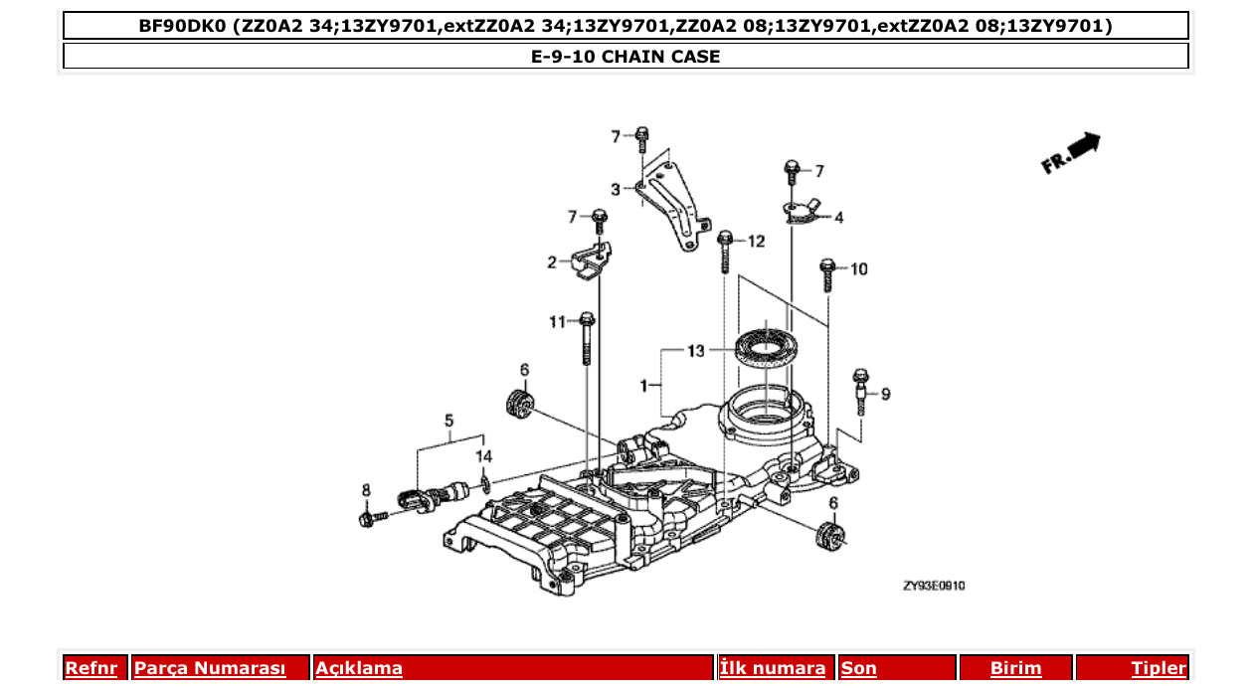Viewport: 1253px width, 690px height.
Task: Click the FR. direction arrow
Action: click(1071, 154)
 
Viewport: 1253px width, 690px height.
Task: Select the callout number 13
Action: click(695, 351)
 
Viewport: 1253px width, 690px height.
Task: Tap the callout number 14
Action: click(483, 456)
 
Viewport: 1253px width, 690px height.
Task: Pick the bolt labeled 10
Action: click(827, 274)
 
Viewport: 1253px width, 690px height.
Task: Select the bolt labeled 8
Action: click(374, 518)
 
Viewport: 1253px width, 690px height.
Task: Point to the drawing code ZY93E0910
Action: click(933, 586)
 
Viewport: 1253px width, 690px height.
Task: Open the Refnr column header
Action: click(90, 668)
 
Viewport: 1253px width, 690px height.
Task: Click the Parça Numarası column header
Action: click(210, 668)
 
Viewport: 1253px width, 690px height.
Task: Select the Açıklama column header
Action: click(359, 668)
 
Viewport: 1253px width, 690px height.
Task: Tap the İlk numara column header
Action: click(772, 668)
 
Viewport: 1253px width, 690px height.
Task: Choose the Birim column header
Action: click(1015, 668)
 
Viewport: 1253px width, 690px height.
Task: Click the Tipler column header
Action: click(1158, 668)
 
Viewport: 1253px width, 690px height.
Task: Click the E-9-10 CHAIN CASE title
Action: click(626, 57)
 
